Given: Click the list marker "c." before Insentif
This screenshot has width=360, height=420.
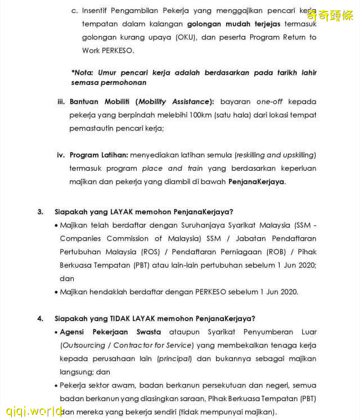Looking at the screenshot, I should [74, 10].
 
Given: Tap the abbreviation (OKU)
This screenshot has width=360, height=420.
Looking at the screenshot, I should [186, 37].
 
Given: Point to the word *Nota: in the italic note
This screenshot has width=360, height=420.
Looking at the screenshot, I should [83, 73].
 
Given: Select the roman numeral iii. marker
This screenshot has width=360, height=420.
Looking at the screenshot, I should [61, 102].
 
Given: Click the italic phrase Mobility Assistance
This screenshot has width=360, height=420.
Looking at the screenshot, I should [174, 102].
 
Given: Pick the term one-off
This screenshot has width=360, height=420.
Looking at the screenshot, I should [269, 102].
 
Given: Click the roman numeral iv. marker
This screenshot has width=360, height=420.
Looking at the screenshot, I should [61, 155].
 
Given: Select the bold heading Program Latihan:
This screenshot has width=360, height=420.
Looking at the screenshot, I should [99, 155].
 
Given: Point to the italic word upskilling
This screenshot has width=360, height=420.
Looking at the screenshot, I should [296, 155].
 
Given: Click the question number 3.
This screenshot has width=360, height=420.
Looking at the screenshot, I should [40, 212].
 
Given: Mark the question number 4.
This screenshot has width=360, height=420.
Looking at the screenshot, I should [40, 318].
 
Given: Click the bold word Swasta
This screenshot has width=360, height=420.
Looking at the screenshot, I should [148, 332].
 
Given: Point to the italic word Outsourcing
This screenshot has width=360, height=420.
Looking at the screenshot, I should [83, 345].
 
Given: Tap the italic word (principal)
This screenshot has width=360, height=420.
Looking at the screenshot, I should [174, 358].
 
